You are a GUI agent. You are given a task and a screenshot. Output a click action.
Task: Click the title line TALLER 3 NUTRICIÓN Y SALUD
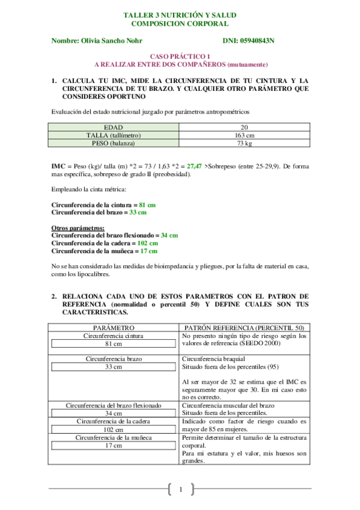pyautogui.click(x=180, y=14)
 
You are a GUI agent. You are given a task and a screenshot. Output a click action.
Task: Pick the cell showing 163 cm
pyautogui.click(x=244, y=135)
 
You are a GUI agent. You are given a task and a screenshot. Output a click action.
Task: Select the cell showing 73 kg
pyautogui.click(x=244, y=144)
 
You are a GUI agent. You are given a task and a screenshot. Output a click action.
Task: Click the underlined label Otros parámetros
pyautogui.click(x=78, y=228)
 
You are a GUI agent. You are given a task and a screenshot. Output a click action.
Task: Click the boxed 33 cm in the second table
pyautogui.click(x=114, y=366)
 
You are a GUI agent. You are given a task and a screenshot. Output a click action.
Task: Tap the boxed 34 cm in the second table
pyautogui.click(x=114, y=414)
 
